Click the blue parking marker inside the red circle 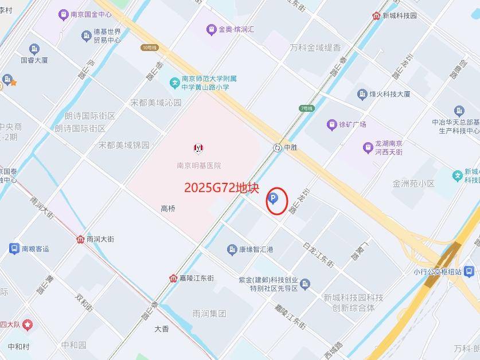tap(274, 199)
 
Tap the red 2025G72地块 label tap(222, 187)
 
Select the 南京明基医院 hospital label tap(198, 166)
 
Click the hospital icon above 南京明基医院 tap(198, 148)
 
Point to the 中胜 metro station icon tap(278, 147)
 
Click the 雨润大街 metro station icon tap(80, 239)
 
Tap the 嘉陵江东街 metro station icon tap(173, 279)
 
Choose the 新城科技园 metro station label tap(399, 15)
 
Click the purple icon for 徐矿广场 tap(331, 124)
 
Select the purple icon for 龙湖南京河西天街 tap(368, 148)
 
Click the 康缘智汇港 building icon tap(232, 249)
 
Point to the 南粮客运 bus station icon tap(14, 249)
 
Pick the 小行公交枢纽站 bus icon tap(469, 271)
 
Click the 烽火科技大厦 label tap(389, 94)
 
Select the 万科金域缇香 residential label tap(315, 48)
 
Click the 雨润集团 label tap(209, 314)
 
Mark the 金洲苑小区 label tap(413, 183)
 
